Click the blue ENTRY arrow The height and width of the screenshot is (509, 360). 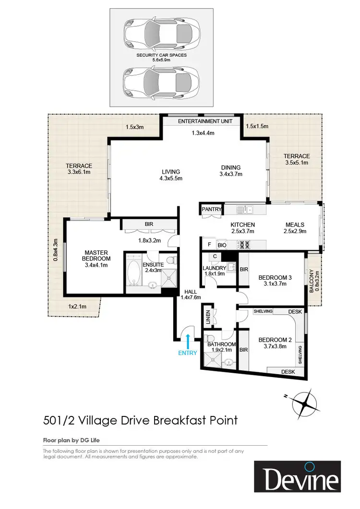pyautogui.click(x=188, y=342)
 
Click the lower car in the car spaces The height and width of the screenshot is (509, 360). pyautogui.click(x=161, y=82)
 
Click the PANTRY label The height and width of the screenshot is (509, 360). pyautogui.click(x=212, y=209)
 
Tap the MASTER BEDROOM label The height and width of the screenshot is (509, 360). pyautogui.click(x=96, y=256)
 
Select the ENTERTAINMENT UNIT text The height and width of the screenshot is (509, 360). pyautogui.click(x=205, y=121)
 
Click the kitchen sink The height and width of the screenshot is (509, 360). pyautogui.click(x=245, y=209)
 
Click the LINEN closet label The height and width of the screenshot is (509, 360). pyautogui.click(x=208, y=317)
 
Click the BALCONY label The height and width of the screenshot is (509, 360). pyautogui.click(x=312, y=281)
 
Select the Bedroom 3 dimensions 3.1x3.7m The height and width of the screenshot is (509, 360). pyautogui.click(x=275, y=284)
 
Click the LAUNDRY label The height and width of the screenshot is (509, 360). pyautogui.click(x=214, y=268)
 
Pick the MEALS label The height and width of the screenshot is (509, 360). pyautogui.click(x=295, y=225)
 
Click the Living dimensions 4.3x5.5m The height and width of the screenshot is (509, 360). pyautogui.click(x=171, y=178)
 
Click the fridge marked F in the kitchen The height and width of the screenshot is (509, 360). pyautogui.click(x=209, y=245)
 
